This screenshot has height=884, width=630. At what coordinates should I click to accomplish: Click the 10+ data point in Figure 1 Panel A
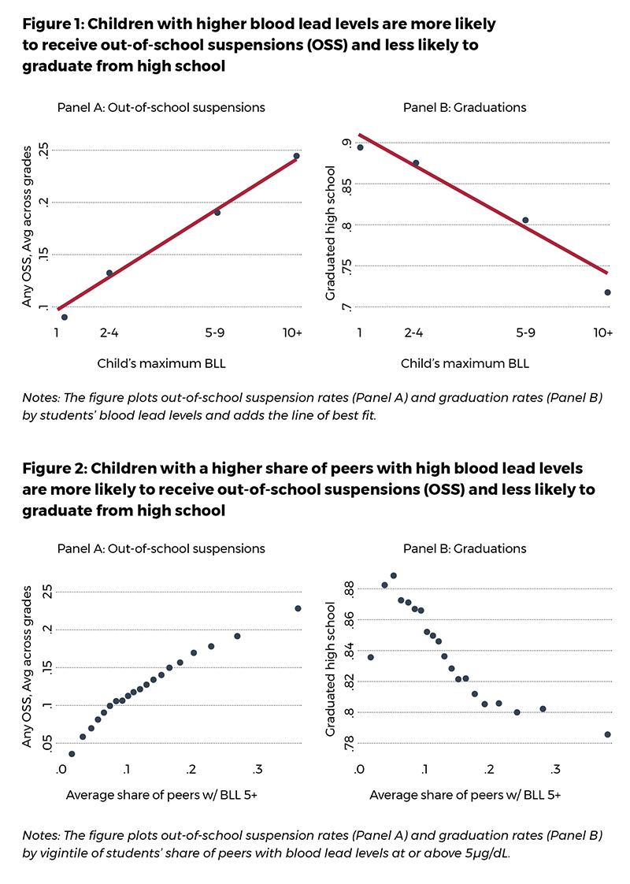(x=296, y=156)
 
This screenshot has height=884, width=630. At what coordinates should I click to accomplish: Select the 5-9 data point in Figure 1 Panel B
(x=525, y=221)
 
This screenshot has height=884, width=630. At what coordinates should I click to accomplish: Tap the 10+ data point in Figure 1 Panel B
(x=607, y=292)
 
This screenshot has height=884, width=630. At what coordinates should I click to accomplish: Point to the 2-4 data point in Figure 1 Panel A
(x=109, y=273)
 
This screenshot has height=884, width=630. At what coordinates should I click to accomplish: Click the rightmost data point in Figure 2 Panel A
(x=298, y=608)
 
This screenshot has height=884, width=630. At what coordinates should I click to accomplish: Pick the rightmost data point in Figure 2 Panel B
(x=607, y=734)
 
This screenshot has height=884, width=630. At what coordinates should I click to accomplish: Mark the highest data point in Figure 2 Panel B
(x=394, y=576)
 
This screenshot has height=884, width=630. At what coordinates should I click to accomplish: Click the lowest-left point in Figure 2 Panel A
(x=72, y=754)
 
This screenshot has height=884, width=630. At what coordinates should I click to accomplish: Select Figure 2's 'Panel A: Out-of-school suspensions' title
(x=161, y=548)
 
